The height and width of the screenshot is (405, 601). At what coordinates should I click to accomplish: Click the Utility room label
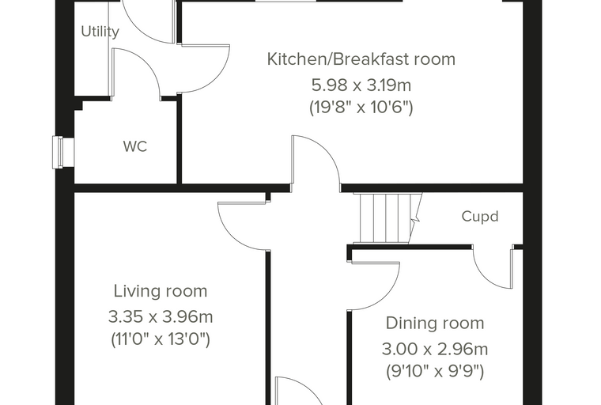[x=100, y=32]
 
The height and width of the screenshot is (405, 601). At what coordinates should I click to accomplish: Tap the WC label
[x=135, y=146]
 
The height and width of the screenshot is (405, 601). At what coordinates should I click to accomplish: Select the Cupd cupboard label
[x=480, y=217]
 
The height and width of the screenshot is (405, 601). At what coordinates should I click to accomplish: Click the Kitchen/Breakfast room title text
[x=361, y=59]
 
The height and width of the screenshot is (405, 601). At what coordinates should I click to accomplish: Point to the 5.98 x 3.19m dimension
[x=361, y=85]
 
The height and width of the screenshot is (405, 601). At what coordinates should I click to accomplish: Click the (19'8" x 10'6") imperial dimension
[x=361, y=108]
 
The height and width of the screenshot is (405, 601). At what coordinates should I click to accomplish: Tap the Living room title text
[x=161, y=291]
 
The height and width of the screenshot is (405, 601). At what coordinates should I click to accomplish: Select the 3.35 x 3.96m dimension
[x=161, y=317]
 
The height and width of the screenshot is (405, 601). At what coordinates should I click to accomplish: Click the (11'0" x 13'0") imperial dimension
[x=161, y=339]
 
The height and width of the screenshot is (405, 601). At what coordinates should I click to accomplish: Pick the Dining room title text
[x=435, y=324]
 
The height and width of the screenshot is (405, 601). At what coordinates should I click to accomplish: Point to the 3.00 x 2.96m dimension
[x=435, y=350]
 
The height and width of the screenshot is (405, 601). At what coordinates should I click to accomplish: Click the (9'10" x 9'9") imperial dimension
[x=435, y=372]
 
